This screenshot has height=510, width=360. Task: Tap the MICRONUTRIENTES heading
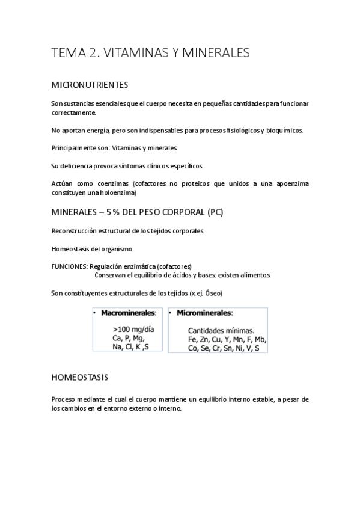tap(90, 85)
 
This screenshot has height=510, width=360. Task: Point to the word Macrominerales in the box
tap(128, 313)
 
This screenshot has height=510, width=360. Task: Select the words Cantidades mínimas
tap(221, 330)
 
